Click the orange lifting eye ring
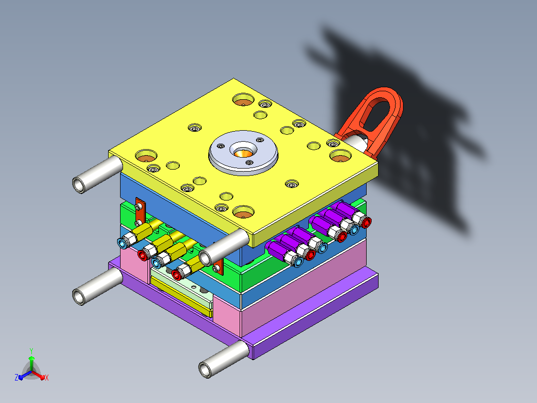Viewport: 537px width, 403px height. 394,103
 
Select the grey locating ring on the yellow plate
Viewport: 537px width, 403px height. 243,153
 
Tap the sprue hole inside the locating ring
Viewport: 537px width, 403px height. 243,151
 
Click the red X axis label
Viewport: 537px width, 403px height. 47,378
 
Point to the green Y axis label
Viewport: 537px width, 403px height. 31,351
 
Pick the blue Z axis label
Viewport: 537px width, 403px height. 16,378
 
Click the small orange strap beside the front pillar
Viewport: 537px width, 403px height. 218,267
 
